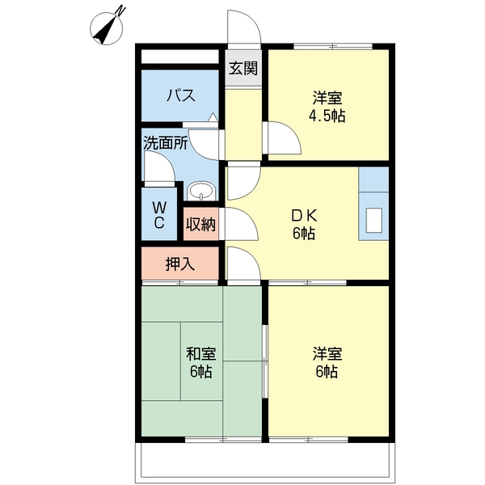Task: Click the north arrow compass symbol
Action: (x=107, y=28)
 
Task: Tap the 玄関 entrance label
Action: (x=243, y=69)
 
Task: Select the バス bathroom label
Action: (x=181, y=95)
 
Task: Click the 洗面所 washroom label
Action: (x=166, y=143)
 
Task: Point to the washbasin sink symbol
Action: (x=201, y=191)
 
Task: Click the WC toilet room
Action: (x=159, y=214)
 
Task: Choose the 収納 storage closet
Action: (x=201, y=224)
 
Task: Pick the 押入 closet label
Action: (x=180, y=264)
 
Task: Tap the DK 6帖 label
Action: (x=304, y=225)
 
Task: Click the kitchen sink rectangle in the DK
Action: (x=374, y=220)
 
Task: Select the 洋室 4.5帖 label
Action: (x=327, y=107)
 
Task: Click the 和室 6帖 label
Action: (x=201, y=362)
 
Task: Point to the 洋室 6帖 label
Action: (x=327, y=362)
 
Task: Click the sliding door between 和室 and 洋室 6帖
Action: (x=265, y=361)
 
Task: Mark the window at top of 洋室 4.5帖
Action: (x=333, y=47)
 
